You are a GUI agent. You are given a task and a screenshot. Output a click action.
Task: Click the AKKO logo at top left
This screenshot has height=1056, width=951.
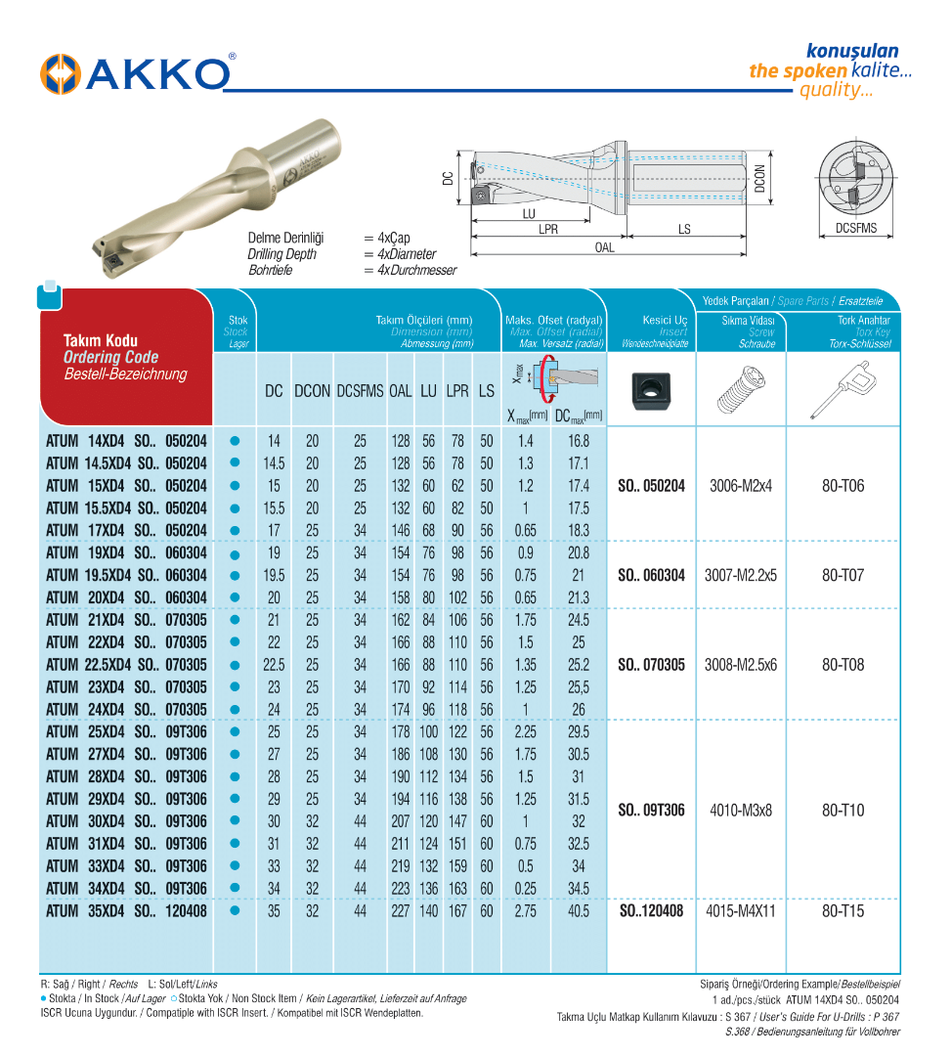[137, 74]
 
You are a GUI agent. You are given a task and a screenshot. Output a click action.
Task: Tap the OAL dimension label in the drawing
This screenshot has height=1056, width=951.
[605, 248]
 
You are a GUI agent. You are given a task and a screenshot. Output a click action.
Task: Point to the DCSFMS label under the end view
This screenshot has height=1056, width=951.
[855, 229]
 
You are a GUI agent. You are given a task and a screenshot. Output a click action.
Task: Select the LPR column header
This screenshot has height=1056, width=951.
[457, 391]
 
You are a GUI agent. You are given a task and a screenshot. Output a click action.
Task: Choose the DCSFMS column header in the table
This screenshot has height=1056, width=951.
[360, 391]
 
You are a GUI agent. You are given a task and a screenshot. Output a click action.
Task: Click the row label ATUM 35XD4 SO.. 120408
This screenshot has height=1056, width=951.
[126, 911]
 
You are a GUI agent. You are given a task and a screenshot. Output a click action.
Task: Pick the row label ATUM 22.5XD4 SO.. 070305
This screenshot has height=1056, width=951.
[126, 665]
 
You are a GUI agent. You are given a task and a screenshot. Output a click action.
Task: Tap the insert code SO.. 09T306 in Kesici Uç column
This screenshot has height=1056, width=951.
[652, 811]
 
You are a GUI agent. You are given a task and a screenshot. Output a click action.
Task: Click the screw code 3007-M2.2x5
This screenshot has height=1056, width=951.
[741, 576]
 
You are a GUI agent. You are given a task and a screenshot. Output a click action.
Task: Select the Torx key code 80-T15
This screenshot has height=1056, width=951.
[843, 911]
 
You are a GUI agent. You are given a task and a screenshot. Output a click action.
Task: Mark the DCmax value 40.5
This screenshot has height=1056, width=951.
[579, 911]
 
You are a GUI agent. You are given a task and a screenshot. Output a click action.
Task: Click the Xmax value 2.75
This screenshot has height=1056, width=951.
[526, 911]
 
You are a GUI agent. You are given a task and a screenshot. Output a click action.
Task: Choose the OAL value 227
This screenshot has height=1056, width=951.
[400, 911]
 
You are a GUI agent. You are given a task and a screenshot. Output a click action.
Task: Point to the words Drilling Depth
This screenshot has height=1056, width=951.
[281, 254]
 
